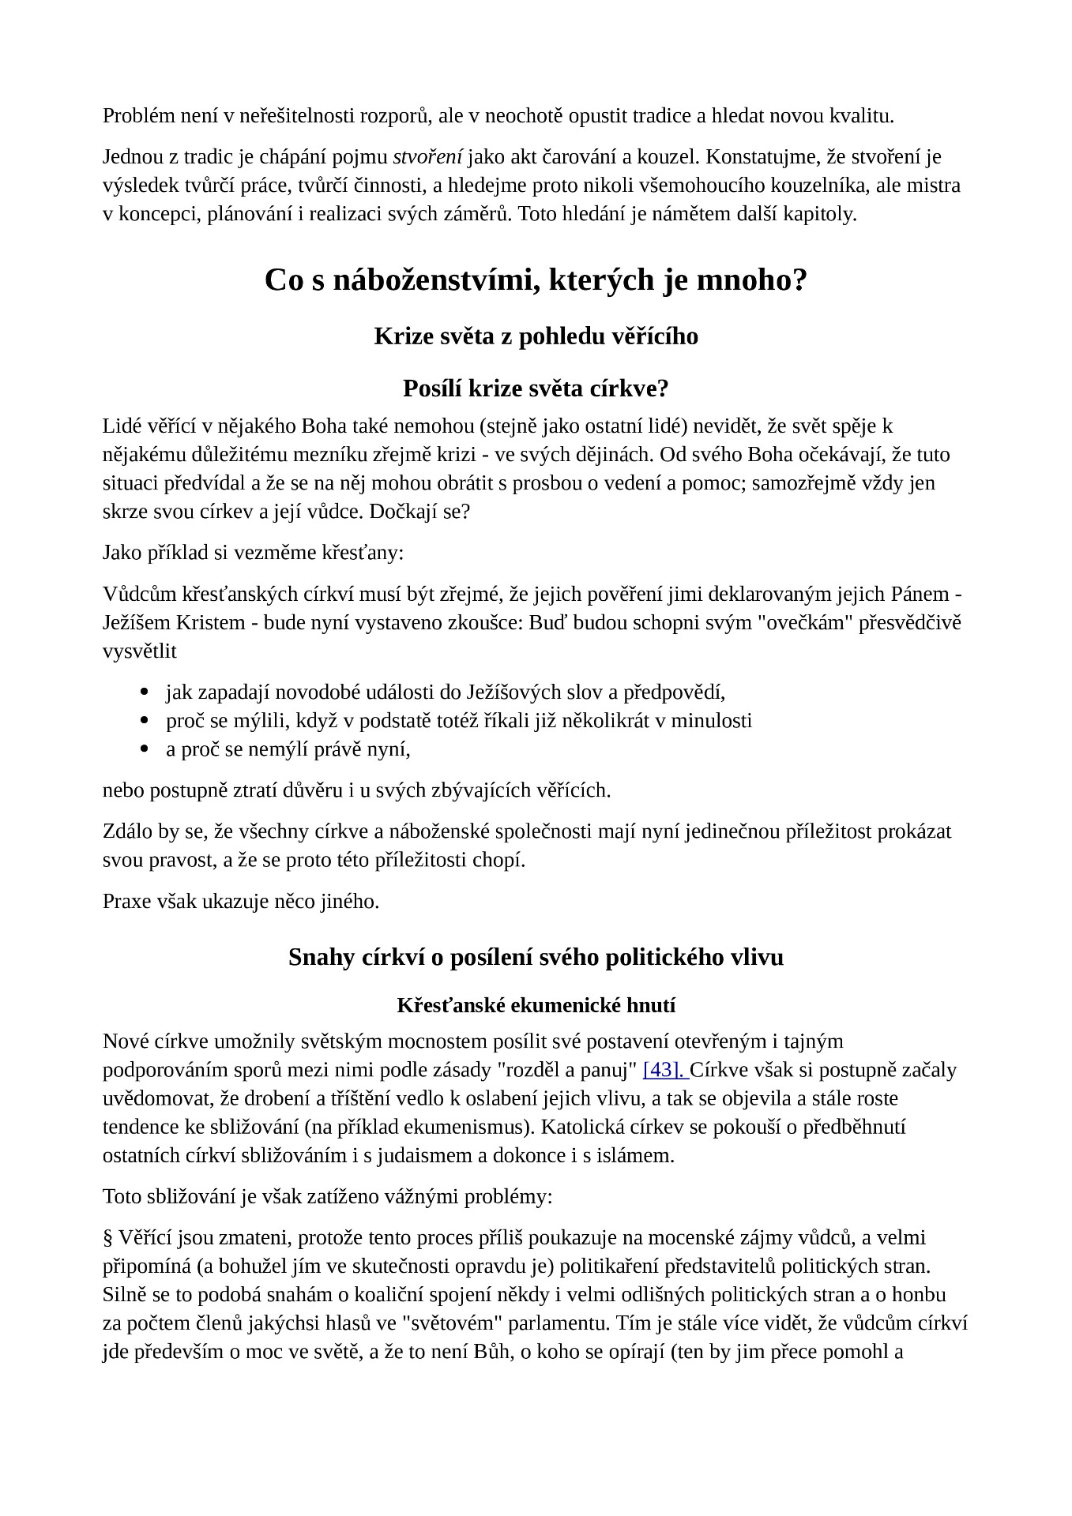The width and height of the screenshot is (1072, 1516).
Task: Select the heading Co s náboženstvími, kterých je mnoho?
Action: tap(536, 280)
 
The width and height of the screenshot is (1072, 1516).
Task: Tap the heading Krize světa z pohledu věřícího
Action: tap(536, 336)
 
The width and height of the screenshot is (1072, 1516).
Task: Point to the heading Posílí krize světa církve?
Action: tap(536, 388)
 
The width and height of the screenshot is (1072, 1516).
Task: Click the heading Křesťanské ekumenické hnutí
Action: tap(536, 1005)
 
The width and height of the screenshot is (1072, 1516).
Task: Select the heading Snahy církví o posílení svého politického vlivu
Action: tap(536, 957)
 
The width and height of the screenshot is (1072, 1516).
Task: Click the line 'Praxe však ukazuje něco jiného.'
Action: tap(241, 901)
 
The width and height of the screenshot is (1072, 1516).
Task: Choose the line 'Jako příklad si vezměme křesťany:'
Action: tap(253, 552)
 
